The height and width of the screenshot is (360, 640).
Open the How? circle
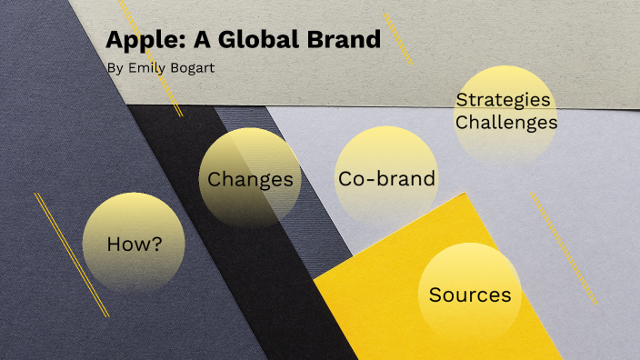click(134, 243)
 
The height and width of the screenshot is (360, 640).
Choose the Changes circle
click(250, 178)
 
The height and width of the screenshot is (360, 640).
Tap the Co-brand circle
click(386, 178)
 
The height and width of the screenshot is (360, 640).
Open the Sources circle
click(469, 295)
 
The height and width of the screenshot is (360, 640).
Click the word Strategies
click(503, 100)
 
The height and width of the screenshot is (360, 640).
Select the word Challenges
click(505, 122)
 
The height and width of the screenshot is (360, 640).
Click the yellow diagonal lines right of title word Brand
click(397, 38)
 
